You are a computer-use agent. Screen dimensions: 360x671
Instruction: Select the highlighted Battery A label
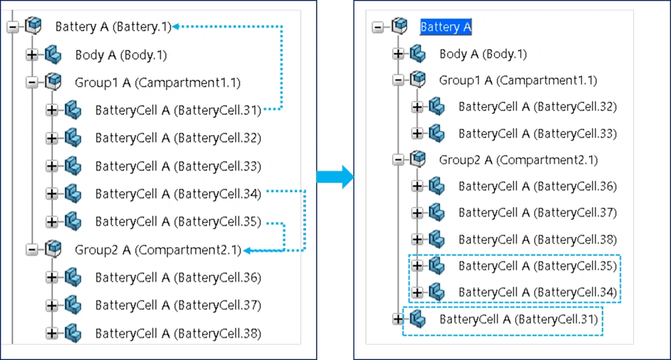coord(446,27)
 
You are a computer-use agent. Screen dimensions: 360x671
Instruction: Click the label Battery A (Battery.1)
coord(113,27)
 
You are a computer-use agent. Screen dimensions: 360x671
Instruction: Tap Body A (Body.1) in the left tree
coord(121,55)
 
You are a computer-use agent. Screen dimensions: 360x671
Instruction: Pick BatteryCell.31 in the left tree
coord(178,110)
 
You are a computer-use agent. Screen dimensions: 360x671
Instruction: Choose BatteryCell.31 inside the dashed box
coord(518,319)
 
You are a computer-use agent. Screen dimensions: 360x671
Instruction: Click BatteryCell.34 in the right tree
coord(537,291)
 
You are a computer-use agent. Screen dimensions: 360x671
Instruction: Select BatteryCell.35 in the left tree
coord(178,222)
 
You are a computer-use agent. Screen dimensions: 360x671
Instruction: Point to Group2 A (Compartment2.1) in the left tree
coord(157,249)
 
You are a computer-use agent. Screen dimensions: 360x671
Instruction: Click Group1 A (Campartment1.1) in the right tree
coord(518,80)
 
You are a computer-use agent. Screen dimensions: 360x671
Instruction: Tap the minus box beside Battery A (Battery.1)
coord(12,27)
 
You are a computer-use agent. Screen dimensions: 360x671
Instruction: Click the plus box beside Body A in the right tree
coord(398,54)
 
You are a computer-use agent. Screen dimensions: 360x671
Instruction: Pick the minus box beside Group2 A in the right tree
coord(398,159)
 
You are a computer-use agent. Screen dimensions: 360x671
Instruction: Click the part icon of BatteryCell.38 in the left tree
coord(73,332)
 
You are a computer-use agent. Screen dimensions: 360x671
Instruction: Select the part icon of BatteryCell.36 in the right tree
coord(437,186)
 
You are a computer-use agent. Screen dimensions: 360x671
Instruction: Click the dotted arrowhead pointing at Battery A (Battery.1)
coord(175,27)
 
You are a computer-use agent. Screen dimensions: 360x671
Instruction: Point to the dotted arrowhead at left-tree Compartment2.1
coord(247,250)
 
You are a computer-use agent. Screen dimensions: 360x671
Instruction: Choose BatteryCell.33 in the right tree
coord(537,134)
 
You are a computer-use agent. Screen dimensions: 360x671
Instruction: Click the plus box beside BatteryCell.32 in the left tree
coord(52,138)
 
